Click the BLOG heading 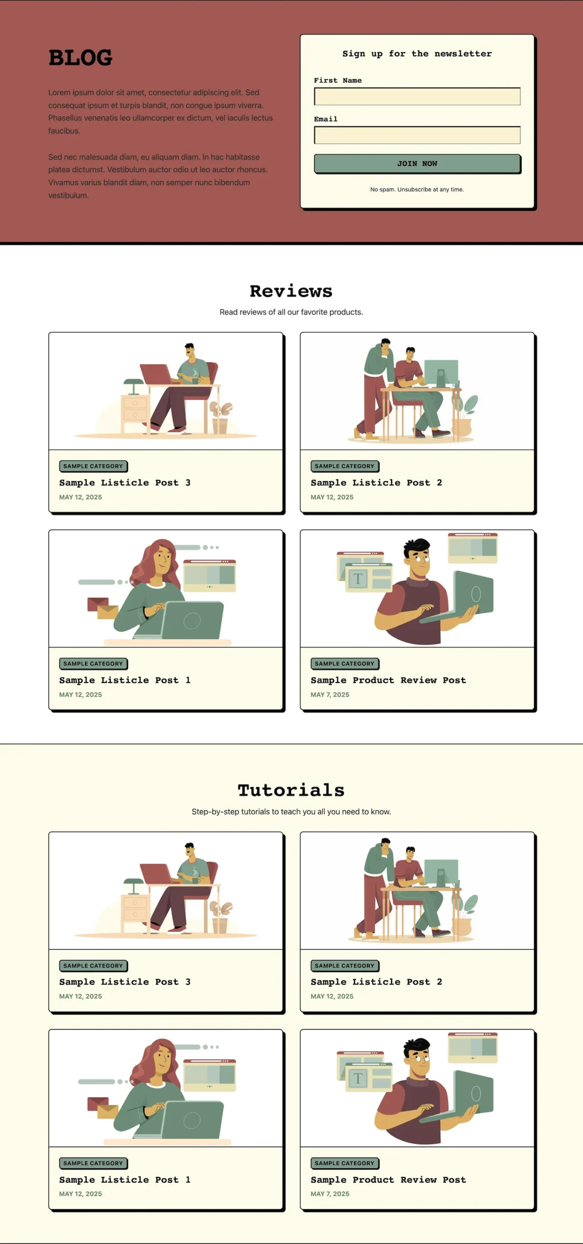pos(80,57)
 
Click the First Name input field pos(417,96)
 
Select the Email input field pos(417,135)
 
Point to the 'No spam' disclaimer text pos(417,190)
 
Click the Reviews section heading pos(291,291)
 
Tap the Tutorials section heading pos(291,790)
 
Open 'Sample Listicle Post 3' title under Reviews pos(125,483)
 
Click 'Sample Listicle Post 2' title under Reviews pos(377,483)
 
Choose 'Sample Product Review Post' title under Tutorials pos(388,1179)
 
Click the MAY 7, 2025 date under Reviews pos(330,694)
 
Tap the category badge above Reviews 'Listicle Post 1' pos(93,663)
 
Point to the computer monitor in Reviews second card pos(441,374)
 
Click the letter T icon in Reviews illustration pos(358,579)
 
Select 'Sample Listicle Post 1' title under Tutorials pos(125,1179)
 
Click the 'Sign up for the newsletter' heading pos(417,53)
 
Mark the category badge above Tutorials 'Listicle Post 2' pos(345,966)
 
